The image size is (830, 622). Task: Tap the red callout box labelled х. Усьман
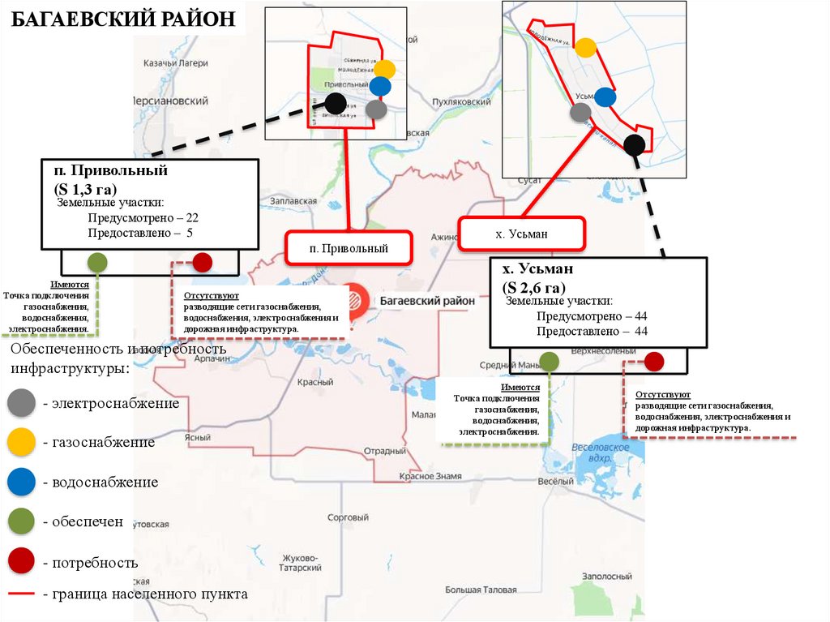click(x=521, y=234)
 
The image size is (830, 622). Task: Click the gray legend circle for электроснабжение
click(x=21, y=403)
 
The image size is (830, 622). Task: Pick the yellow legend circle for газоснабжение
click(x=21, y=442)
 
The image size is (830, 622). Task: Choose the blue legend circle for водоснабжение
click(x=21, y=482)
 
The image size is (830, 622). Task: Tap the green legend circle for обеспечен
click(x=21, y=521)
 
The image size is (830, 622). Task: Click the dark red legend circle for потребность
click(x=21, y=561)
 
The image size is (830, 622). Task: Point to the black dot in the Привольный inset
click(x=336, y=102)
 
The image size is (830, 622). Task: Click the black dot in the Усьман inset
click(x=635, y=145)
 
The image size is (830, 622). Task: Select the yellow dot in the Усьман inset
click(x=585, y=48)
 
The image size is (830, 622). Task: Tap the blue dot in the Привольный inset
click(x=380, y=86)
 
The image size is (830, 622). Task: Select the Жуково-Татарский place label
click(x=302, y=563)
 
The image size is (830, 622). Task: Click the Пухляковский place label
click(x=462, y=102)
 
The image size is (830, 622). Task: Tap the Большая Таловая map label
click(x=481, y=590)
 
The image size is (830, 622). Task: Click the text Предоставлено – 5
click(x=140, y=233)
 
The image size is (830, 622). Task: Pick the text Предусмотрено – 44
click(x=592, y=316)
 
